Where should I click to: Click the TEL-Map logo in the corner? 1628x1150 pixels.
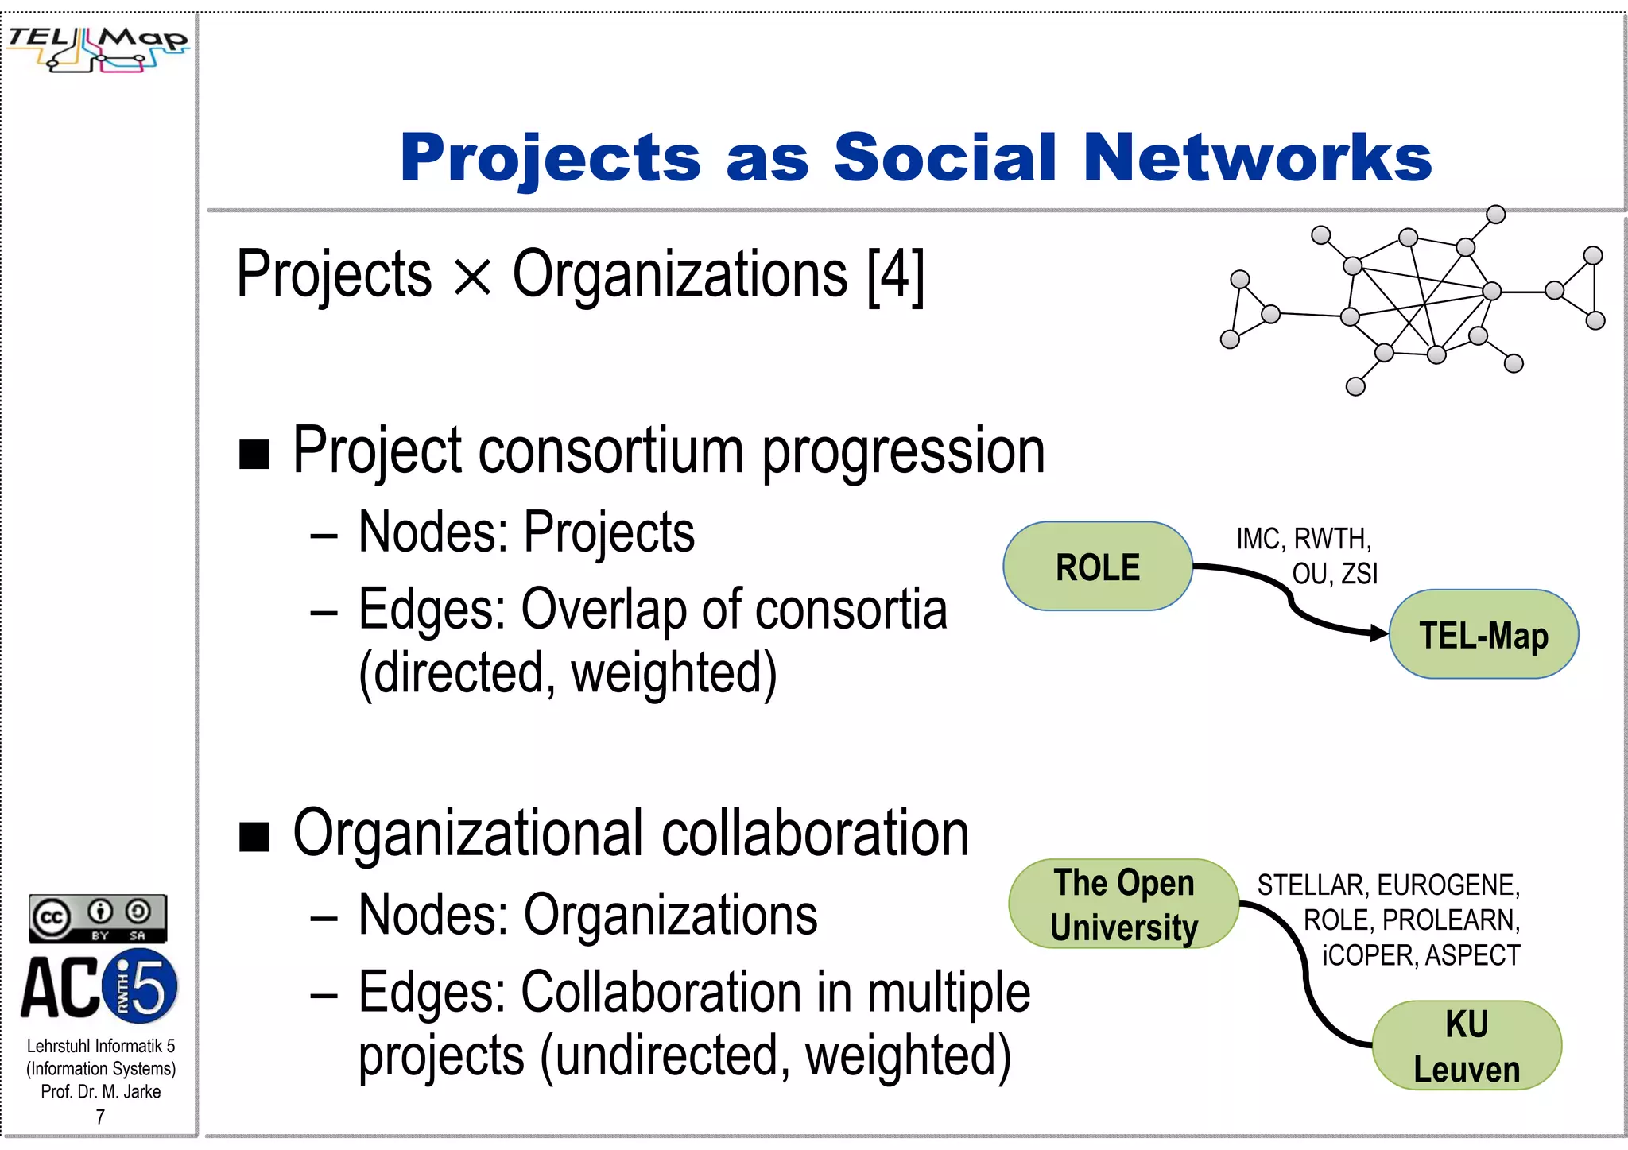tap(97, 48)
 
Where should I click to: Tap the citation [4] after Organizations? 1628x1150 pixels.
tap(896, 276)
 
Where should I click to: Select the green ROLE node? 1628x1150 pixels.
tap(1097, 567)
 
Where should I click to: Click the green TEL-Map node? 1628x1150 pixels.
tap(1483, 635)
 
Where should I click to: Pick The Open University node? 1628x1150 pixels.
tap(1123, 904)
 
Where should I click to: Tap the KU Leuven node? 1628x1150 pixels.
tap(1467, 1046)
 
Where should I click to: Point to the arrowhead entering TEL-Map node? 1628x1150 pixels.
tap(1379, 633)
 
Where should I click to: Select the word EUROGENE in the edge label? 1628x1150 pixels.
tap(1448, 885)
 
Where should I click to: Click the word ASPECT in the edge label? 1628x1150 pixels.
tap(1472, 955)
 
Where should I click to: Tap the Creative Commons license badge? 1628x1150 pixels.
tap(98, 919)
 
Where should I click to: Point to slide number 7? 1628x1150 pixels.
tap(100, 1117)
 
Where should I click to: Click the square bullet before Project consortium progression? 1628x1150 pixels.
tap(254, 455)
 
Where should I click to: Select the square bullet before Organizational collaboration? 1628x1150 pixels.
tap(254, 837)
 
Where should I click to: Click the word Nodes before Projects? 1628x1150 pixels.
tap(432, 532)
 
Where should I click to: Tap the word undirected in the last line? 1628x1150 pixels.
tap(665, 1056)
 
